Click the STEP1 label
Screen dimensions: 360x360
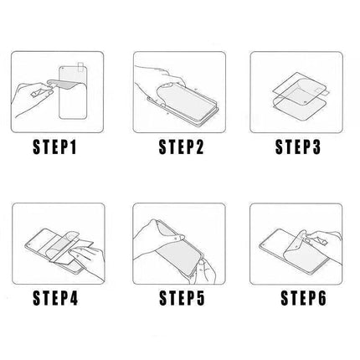[x=54, y=147]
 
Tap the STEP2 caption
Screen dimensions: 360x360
[x=182, y=147]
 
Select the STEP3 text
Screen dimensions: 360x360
[x=298, y=147]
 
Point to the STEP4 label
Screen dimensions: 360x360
[x=55, y=298]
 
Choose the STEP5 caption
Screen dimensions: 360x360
[x=182, y=298]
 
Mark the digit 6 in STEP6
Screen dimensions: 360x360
[x=321, y=298]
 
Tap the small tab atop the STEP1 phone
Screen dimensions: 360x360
[x=81, y=66]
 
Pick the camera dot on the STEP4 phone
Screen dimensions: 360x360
[x=30, y=245]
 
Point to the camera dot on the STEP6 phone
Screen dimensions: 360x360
[x=263, y=245]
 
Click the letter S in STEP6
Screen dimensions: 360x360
[x=285, y=298]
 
